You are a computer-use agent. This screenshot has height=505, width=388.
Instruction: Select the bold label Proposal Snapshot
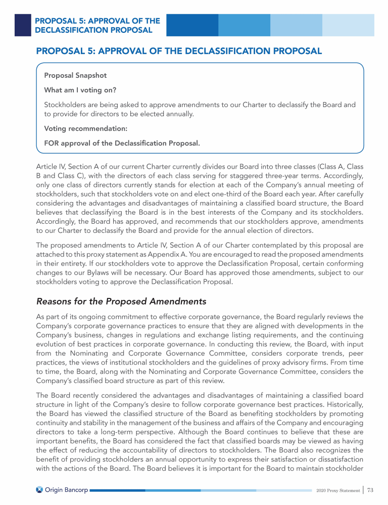(75, 76)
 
